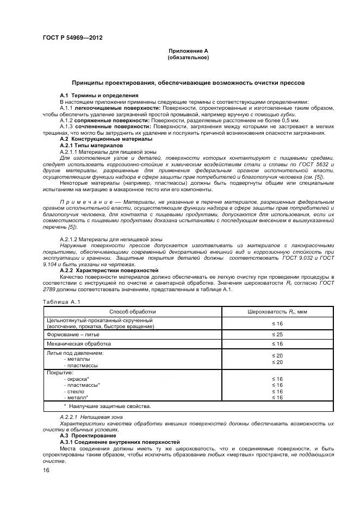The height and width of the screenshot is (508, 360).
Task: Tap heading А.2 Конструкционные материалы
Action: (106, 139)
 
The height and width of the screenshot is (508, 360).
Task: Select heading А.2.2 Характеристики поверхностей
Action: (109, 270)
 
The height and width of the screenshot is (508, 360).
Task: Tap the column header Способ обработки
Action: (133, 312)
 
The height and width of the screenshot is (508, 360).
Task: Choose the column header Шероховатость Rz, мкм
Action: (277, 312)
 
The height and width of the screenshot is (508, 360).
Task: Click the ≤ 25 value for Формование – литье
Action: (277, 334)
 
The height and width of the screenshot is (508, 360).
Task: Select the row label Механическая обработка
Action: (79, 344)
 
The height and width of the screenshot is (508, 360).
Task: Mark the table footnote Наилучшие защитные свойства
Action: (107, 406)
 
